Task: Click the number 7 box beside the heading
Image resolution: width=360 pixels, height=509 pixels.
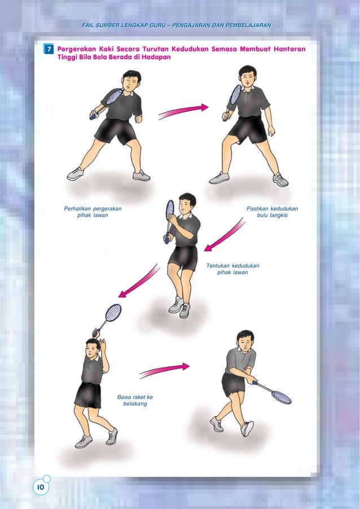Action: [x=49, y=50]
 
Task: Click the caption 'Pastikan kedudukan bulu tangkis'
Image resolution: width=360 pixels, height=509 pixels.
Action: [x=273, y=212]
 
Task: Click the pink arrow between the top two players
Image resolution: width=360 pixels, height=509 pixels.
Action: [x=183, y=111]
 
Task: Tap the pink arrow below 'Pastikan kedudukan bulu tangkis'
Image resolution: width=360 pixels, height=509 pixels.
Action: [x=224, y=236]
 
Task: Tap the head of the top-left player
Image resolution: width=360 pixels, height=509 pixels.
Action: [x=130, y=82]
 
